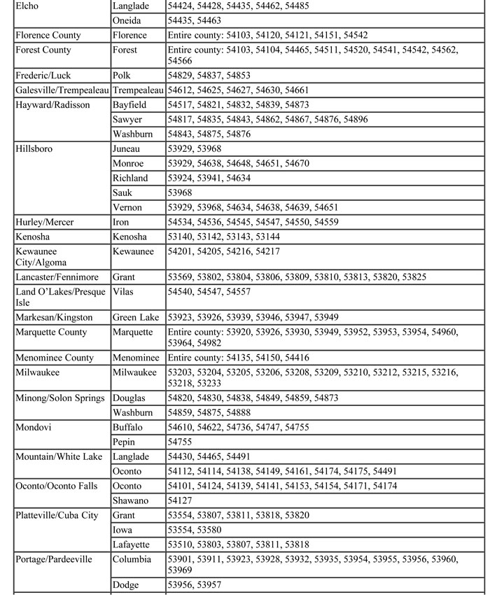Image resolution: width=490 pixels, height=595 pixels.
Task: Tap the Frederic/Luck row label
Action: click(43, 75)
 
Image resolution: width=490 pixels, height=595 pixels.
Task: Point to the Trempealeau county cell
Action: click(138, 90)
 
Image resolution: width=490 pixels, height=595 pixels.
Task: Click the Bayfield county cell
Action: click(129, 104)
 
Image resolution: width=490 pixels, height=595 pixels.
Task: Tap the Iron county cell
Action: click(122, 222)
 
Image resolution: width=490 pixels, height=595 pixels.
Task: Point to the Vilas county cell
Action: click(123, 291)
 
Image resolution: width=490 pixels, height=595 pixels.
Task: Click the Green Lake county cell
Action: click(136, 317)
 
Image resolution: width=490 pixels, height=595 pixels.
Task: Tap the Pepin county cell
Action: click(125, 442)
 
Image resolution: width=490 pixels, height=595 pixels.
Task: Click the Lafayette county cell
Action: click(132, 544)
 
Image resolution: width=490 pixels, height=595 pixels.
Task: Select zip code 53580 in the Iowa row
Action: click(211, 530)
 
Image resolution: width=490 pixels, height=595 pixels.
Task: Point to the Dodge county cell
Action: click(125, 584)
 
